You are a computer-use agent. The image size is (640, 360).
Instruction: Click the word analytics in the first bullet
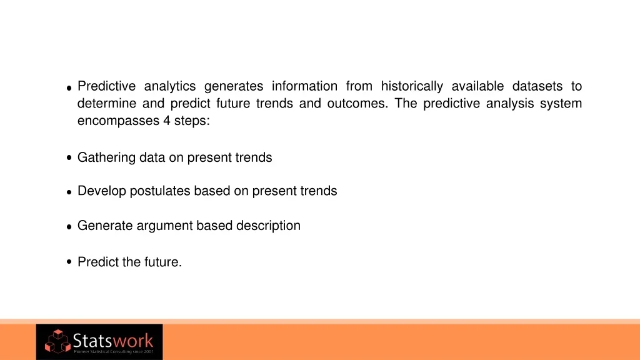coord(170,86)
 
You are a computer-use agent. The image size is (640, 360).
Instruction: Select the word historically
coord(412,86)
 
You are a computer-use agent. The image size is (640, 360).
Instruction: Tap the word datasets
coord(537,86)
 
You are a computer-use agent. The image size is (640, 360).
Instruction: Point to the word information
coord(304,86)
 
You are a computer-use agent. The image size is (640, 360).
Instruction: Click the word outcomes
coord(357,103)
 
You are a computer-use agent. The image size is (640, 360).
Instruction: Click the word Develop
coord(102,191)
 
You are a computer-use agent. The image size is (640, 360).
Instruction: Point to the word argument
coord(164,226)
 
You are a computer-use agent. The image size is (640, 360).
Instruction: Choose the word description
coord(268,226)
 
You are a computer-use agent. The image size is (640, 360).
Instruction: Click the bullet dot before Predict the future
coord(69,262)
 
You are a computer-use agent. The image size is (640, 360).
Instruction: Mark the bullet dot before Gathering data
coord(69,157)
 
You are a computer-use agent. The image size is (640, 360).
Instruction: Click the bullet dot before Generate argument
coord(69,227)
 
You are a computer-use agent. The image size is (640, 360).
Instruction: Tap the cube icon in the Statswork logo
coord(57,341)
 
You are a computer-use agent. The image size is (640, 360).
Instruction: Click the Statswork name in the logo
coord(113,340)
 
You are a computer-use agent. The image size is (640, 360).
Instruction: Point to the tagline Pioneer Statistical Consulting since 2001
coord(114,351)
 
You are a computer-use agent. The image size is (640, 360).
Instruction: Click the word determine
coord(107,103)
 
